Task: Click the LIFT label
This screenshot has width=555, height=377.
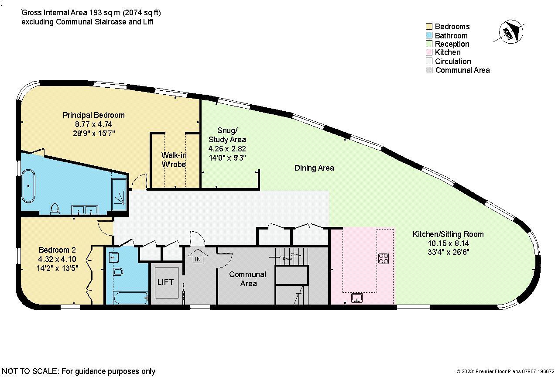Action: point(165,282)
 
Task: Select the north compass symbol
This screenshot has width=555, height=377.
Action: point(507,33)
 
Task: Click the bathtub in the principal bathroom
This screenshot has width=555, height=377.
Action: point(29,186)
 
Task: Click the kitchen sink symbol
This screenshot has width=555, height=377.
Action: point(357,298)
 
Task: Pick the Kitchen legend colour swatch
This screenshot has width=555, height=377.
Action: point(429,52)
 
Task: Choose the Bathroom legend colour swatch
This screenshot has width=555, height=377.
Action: point(429,35)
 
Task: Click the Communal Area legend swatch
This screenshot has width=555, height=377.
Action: point(429,70)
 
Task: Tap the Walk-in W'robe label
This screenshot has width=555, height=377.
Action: point(174,160)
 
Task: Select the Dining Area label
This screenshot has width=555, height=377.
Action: point(314,168)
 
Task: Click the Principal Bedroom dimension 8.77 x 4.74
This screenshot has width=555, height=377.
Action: point(93,124)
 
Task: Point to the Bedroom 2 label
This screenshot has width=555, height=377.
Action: point(57,250)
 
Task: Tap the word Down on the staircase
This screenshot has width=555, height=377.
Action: point(288,258)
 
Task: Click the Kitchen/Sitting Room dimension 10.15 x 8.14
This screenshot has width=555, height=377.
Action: point(448,243)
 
